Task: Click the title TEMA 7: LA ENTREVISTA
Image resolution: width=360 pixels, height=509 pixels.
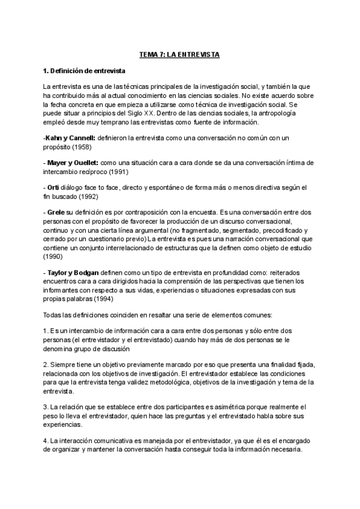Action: click(x=180, y=55)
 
